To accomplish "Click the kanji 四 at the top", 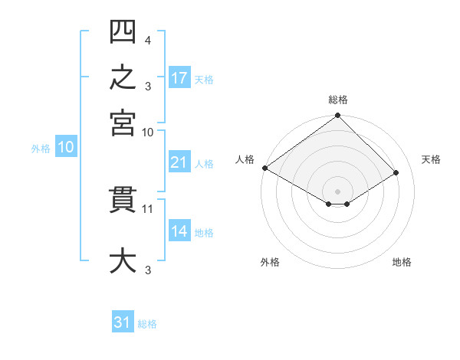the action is point(123,31).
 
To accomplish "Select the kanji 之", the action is point(123,77).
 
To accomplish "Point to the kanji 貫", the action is point(123,200).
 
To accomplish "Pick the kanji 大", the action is point(123,260).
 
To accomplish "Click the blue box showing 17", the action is point(179,77).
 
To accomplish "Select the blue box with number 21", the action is point(179,162).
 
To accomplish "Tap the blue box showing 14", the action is point(179,230).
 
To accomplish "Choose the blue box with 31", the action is point(123,321).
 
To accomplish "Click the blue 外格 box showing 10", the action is point(66,146).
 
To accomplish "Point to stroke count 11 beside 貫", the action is point(147,209).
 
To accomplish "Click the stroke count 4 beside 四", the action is point(148,41).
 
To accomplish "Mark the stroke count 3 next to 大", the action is point(148,270).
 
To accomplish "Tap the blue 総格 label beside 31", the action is point(147,324).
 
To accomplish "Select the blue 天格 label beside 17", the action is point(204,80).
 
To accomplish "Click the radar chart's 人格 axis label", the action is point(245,159).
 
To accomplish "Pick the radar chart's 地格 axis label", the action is point(402,262).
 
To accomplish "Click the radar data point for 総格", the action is point(337,115).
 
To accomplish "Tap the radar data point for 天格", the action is point(396,172).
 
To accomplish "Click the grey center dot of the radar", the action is point(337,191).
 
